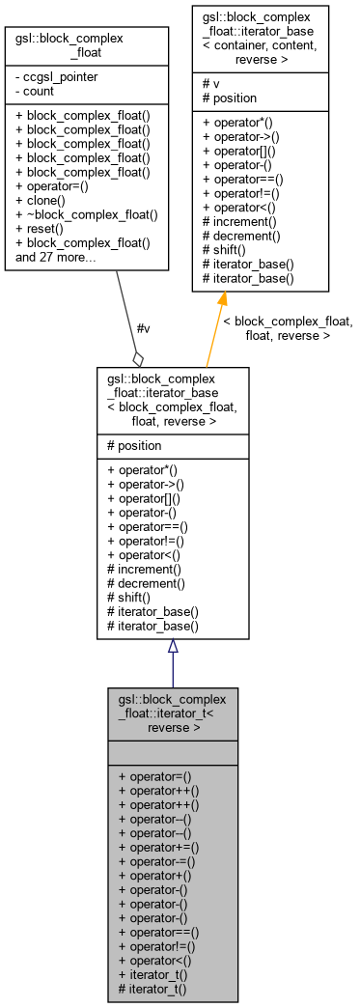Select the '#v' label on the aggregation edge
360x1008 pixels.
(143, 329)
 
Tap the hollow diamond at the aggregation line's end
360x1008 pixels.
(139, 358)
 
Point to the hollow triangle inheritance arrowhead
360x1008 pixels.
(172, 645)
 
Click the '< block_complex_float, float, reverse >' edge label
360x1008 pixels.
(288, 328)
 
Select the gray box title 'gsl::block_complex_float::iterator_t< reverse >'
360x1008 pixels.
(172, 712)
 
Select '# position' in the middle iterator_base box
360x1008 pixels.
(142, 446)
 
